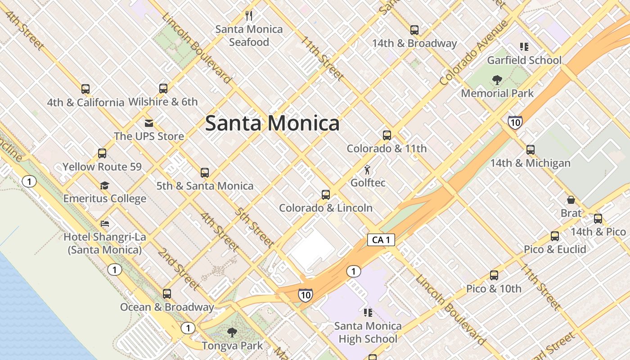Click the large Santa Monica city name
(272, 123)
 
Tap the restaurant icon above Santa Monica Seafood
(249, 16)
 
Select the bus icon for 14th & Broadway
(414, 30)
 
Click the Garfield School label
(524, 60)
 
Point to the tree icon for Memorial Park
(497, 81)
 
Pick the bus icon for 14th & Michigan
(531, 150)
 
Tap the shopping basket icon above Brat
(571, 200)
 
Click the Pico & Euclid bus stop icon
(555, 236)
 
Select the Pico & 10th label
(494, 288)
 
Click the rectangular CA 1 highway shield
(381, 240)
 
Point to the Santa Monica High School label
(368, 332)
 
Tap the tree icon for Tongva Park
(232, 333)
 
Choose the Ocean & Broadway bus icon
(167, 294)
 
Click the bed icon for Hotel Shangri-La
(105, 224)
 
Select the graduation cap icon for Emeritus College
(105, 185)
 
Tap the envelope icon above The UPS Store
(149, 123)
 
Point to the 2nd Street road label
(178, 269)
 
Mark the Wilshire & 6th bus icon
(163, 89)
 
